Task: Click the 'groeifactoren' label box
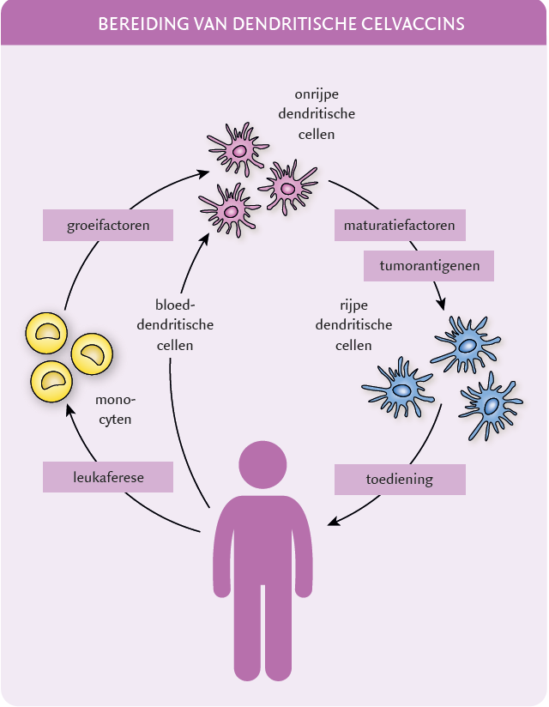click(108, 227)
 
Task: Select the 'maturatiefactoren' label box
click(400, 227)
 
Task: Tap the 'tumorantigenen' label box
click(429, 266)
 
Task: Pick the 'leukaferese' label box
click(108, 478)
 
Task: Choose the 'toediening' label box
click(400, 480)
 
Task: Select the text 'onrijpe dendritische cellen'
click(317, 113)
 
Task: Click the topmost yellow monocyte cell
click(48, 334)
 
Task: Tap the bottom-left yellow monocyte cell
click(51, 379)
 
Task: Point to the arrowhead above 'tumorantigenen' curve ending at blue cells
click(442, 304)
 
